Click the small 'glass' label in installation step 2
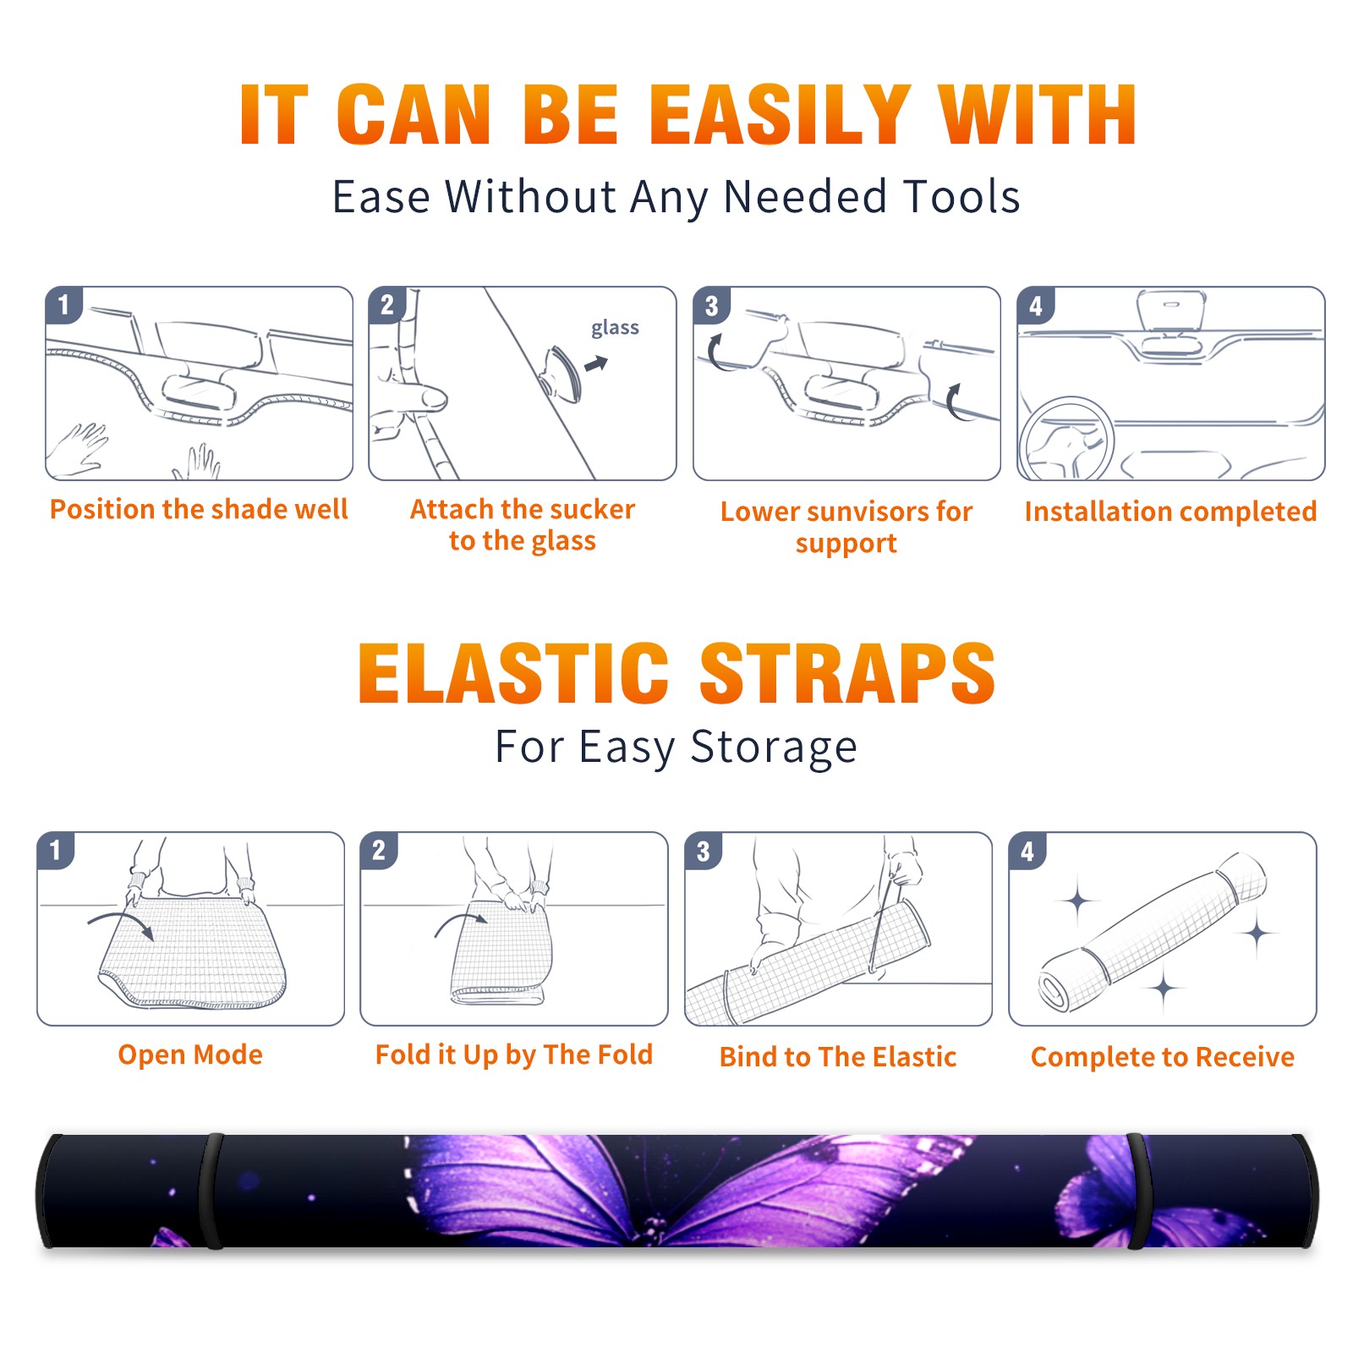pyautogui.click(x=615, y=328)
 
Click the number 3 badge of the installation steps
pyautogui.click(x=711, y=305)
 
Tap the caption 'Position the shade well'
pyautogui.click(x=199, y=509)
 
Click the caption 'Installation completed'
pyautogui.click(x=1170, y=511)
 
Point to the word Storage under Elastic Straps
pyautogui.click(x=774, y=748)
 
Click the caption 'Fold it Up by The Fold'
pyautogui.click(x=514, y=1054)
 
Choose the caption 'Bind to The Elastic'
pyautogui.click(x=838, y=1057)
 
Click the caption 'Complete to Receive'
pyautogui.click(x=1163, y=1057)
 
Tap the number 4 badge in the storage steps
pyautogui.click(x=1027, y=851)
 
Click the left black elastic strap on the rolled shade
pyautogui.click(x=212, y=1191)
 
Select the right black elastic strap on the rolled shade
pyautogui.click(x=1138, y=1191)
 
